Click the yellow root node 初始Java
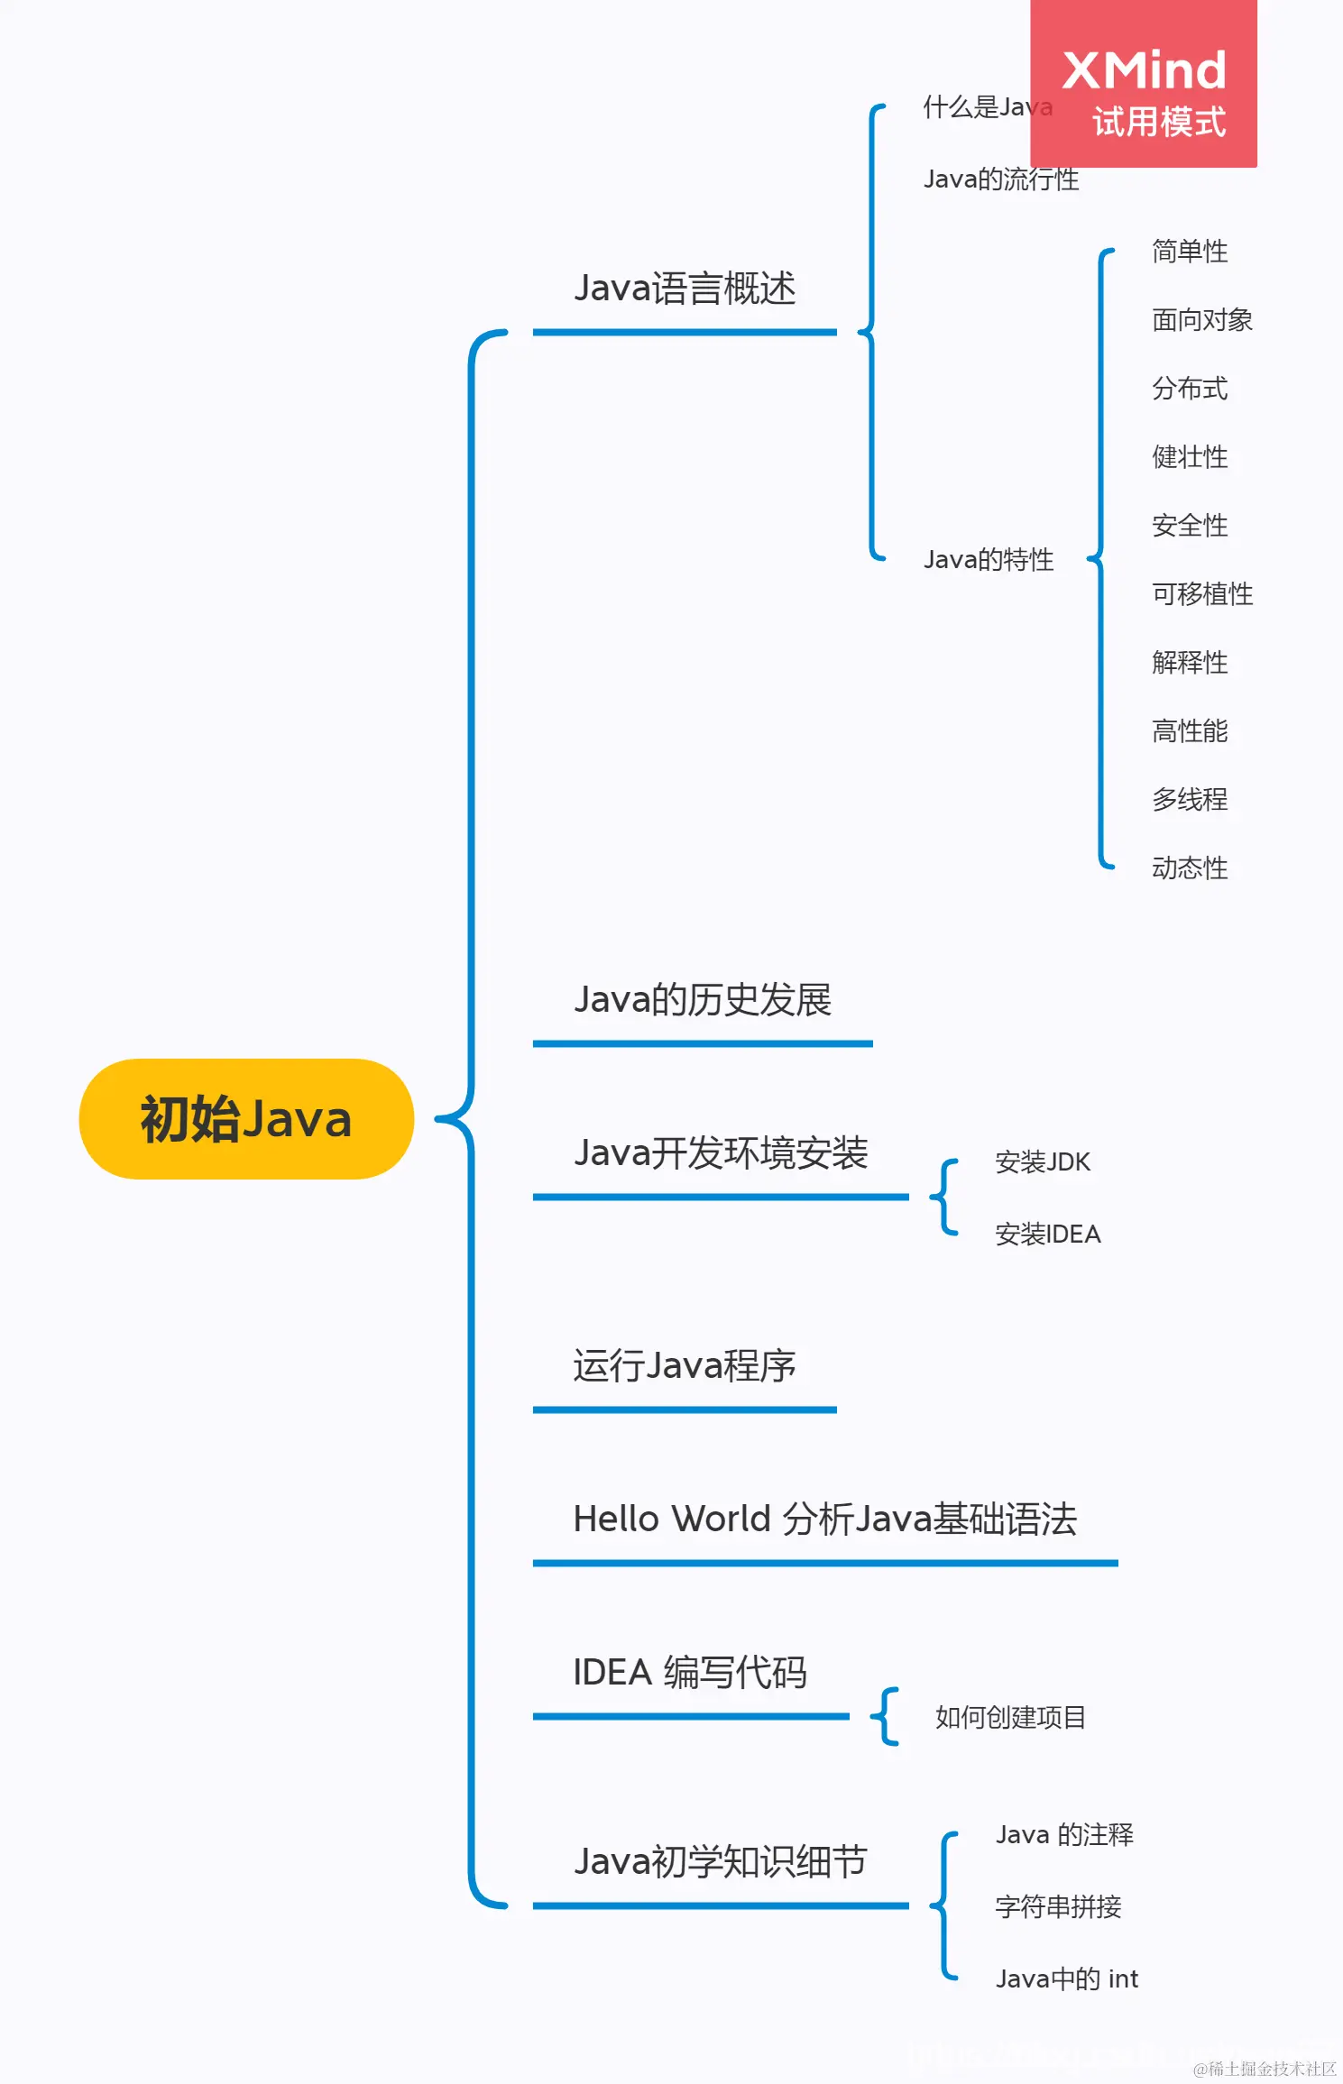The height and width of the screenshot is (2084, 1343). (245, 1119)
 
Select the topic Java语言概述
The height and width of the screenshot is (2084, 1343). (685, 289)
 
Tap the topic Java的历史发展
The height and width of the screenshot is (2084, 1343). (703, 1000)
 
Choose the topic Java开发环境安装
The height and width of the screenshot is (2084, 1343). (721, 1153)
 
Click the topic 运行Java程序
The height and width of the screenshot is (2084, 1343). (685, 1366)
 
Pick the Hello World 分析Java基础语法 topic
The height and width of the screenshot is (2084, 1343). (825, 1519)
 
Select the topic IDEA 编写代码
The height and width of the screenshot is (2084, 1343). (690, 1673)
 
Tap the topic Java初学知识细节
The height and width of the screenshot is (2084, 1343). (721, 1862)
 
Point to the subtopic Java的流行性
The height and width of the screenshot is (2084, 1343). (1001, 179)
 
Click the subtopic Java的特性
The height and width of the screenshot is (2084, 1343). (989, 560)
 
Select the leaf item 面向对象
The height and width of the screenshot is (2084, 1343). (1201, 320)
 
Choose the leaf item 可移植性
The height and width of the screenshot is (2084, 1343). (1201, 594)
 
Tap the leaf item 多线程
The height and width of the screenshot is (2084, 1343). (1189, 800)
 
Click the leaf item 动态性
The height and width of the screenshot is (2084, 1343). (1189, 868)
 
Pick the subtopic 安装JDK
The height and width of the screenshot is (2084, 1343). (1043, 1162)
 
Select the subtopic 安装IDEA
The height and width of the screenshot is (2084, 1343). (1047, 1235)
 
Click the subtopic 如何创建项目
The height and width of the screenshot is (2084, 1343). (1010, 1718)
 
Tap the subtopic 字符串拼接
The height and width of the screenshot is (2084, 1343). (1058, 1907)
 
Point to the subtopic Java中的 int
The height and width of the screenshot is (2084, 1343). (1066, 1979)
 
